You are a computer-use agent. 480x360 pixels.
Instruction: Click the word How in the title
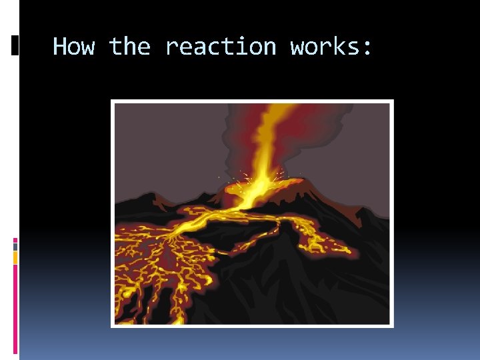click(x=73, y=47)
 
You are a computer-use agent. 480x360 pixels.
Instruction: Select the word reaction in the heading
click(x=220, y=47)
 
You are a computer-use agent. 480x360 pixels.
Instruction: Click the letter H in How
click(x=60, y=47)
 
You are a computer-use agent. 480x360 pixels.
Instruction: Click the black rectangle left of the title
click(x=15, y=45)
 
